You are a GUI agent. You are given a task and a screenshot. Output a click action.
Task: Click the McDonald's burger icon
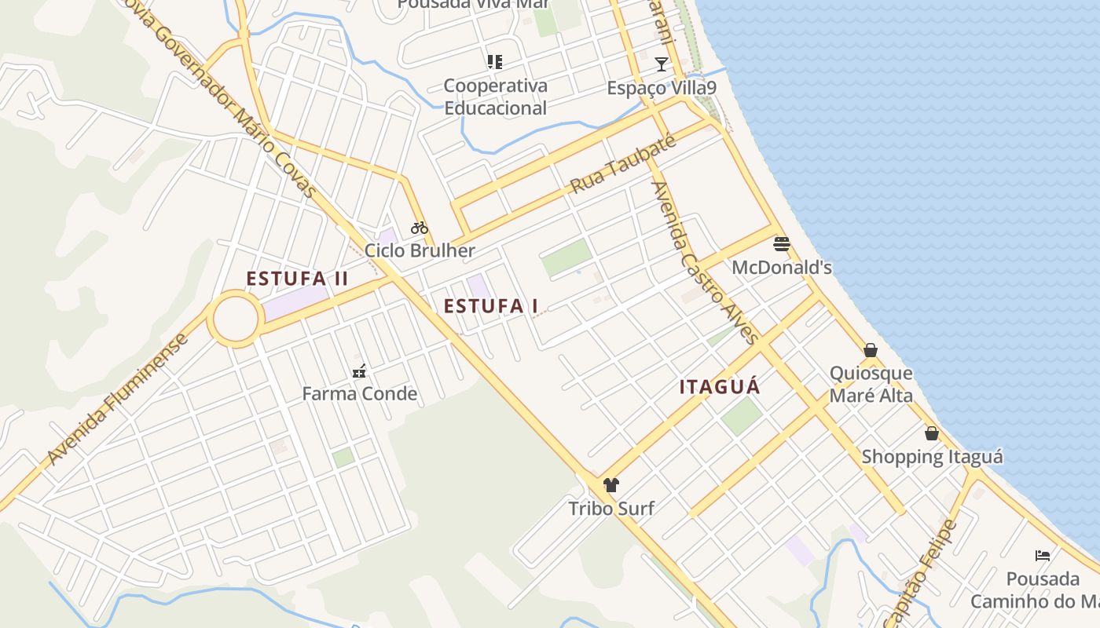tap(781, 243)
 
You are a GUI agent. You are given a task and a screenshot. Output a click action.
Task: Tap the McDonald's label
tap(781, 268)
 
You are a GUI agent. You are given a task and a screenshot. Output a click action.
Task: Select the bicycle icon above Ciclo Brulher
tap(420, 228)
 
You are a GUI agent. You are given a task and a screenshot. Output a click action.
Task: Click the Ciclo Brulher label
tap(420, 251)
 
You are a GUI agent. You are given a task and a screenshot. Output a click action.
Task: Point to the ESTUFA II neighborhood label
tap(297, 279)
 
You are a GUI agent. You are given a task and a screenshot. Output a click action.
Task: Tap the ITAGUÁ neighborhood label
tap(720, 387)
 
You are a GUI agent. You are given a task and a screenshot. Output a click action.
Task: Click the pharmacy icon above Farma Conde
tap(359, 371)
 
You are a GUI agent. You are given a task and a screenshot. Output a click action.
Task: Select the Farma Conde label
tap(359, 394)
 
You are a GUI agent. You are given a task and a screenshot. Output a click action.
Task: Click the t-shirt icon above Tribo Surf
tap(611, 485)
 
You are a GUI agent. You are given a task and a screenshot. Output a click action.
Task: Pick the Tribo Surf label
tap(611, 509)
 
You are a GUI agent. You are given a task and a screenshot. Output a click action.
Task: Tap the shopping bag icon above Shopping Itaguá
tap(932, 433)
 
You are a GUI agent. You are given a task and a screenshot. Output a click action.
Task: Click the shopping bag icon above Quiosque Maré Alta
tap(871, 350)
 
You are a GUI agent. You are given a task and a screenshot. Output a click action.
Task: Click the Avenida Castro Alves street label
tap(705, 263)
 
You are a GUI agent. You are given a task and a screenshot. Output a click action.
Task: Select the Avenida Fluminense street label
tap(118, 399)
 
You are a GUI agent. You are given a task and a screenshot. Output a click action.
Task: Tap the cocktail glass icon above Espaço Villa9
tap(662, 64)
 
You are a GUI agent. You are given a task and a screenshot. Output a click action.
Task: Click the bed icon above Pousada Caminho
tap(1043, 556)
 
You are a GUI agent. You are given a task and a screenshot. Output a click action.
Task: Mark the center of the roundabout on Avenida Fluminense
tap(235, 319)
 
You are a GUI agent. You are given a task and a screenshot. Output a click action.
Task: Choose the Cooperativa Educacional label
tap(495, 97)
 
